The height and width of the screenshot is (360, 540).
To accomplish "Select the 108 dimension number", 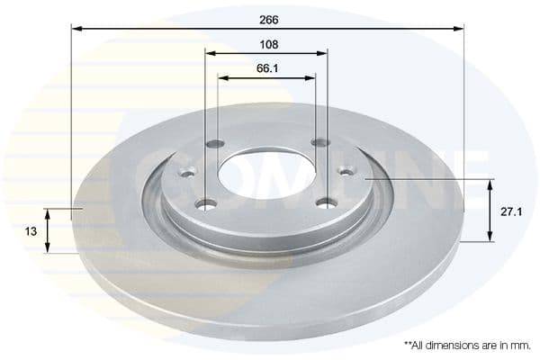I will tap(267, 43).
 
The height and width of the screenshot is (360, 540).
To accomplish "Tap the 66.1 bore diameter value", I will tap(267, 67).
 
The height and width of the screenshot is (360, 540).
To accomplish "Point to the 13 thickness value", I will tap(31, 231).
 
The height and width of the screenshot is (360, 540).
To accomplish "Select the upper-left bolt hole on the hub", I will tap(214, 144).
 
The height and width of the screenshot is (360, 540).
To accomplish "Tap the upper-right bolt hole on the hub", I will tap(319, 142).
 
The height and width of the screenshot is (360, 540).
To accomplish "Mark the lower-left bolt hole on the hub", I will tap(208, 204).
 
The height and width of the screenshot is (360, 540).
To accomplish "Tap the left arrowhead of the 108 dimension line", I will tap(211, 54).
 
